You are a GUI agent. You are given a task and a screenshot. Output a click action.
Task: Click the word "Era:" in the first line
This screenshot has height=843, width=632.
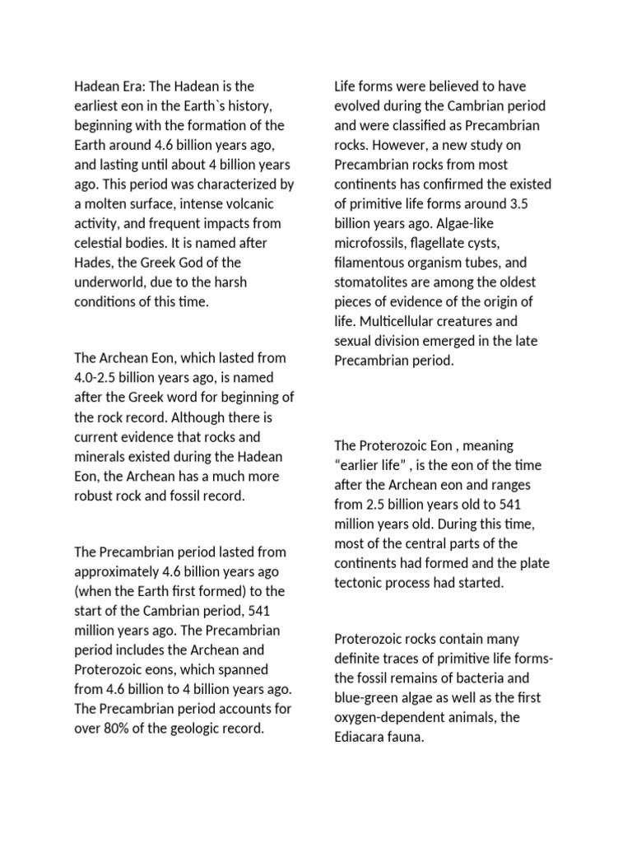(x=137, y=86)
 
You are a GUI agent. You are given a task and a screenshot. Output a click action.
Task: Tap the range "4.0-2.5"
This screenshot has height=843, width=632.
(x=99, y=378)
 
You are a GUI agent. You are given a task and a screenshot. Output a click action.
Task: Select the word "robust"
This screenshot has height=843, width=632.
(x=95, y=496)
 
